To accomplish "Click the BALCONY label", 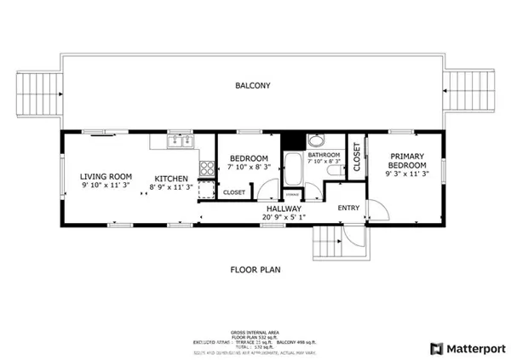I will pyautogui.click(x=254, y=86).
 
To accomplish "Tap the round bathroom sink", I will pyautogui.click(x=316, y=142).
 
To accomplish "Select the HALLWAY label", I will pyautogui.click(x=283, y=209).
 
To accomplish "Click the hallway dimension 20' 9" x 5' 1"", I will pyautogui.click(x=283, y=218).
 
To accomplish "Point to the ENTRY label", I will pyautogui.click(x=348, y=209).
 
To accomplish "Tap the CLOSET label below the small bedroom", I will pyautogui.click(x=234, y=193).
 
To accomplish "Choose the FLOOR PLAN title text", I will pyautogui.click(x=255, y=270).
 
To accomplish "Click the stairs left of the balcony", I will pyautogui.click(x=41, y=91).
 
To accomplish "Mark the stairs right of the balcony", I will pyautogui.click(x=470, y=91).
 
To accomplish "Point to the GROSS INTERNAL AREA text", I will pyautogui.click(x=255, y=332).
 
